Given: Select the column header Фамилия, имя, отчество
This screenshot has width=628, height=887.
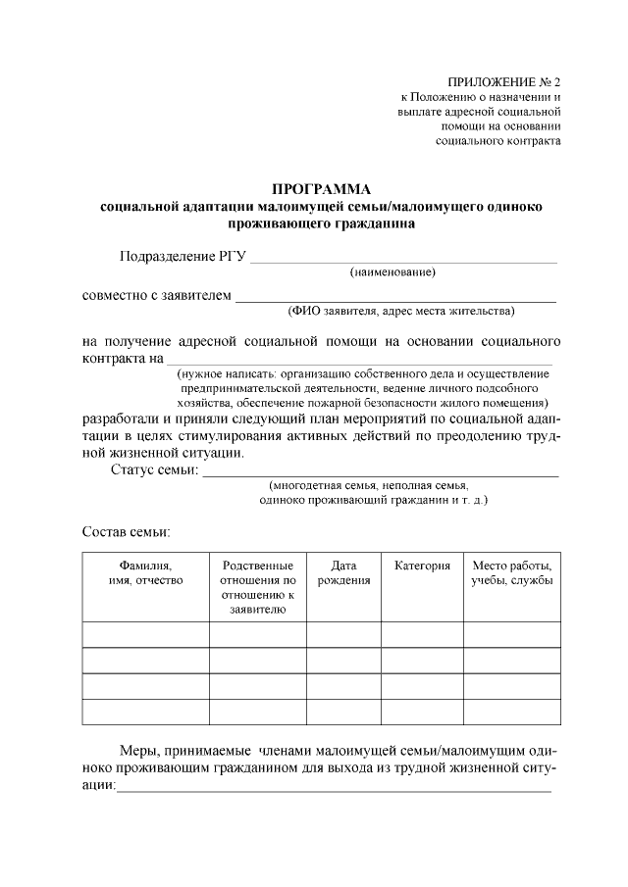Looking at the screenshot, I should (x=145, y=573).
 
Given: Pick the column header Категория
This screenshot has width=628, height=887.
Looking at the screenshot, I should (x=422, y=567).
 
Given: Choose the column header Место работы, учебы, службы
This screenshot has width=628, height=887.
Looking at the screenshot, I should (x=511, y=573).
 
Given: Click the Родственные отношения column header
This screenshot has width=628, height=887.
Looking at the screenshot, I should (x=257, y=587).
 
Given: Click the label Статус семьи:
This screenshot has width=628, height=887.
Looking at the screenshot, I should (x=154, y=471).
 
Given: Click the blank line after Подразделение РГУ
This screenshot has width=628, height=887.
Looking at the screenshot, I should (x=403, y=260).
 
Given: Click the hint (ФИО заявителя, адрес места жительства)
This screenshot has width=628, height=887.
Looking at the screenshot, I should (x=400, y=312).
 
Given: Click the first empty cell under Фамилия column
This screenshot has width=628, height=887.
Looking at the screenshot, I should (x=145, y=635).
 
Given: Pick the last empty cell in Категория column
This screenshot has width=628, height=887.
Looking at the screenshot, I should (x=422, y=712).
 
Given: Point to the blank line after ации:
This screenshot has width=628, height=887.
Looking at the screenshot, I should (x=334, y=788).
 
